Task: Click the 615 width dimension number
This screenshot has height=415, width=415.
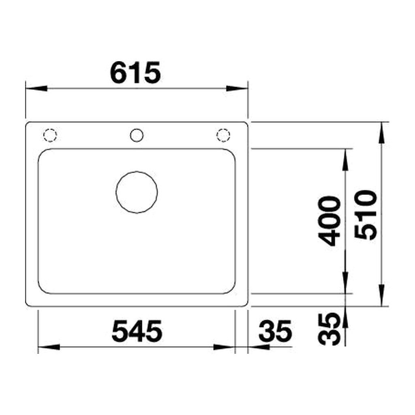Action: point(135,72)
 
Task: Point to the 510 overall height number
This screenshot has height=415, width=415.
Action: point(366,215)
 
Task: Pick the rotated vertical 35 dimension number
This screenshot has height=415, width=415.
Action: point(329,329)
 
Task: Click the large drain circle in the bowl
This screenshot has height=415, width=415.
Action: point(137,192)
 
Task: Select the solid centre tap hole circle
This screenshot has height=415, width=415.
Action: point(137,135)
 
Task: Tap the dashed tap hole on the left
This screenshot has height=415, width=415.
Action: point(50,135)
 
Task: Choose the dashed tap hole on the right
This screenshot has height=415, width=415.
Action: point(223,135)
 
